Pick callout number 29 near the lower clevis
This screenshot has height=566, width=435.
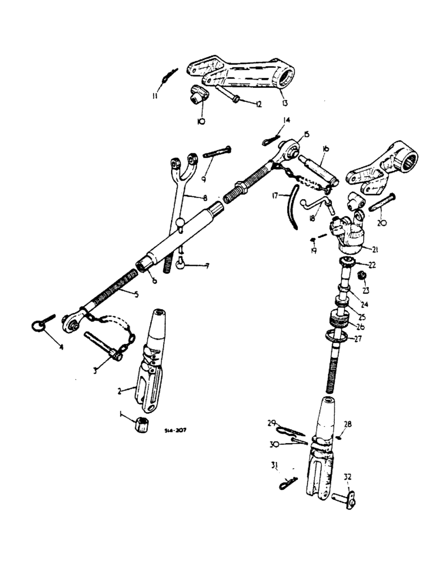click(x=271, y=423)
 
